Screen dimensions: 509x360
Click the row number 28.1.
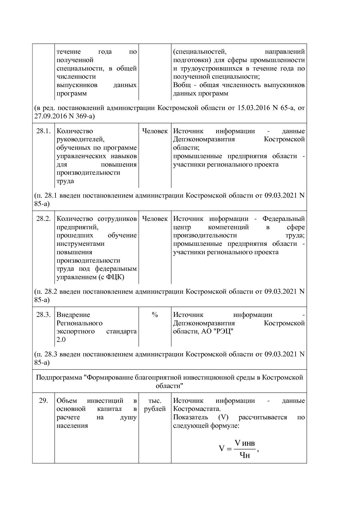43,131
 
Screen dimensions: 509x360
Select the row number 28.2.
43,219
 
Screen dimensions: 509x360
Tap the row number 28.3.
43,315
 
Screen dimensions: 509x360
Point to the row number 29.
43,401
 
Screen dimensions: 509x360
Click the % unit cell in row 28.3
155,315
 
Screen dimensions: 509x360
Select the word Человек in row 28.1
155,131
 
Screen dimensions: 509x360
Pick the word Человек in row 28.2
155,219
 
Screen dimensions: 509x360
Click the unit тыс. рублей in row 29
155,405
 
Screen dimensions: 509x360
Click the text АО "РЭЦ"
217,331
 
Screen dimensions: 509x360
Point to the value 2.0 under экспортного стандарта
61,340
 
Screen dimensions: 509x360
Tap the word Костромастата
197,409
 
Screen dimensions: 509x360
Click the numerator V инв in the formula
244,443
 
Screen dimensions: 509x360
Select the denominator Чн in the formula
244,455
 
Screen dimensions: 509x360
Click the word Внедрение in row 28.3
73,315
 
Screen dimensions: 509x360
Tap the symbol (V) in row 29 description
223,417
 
